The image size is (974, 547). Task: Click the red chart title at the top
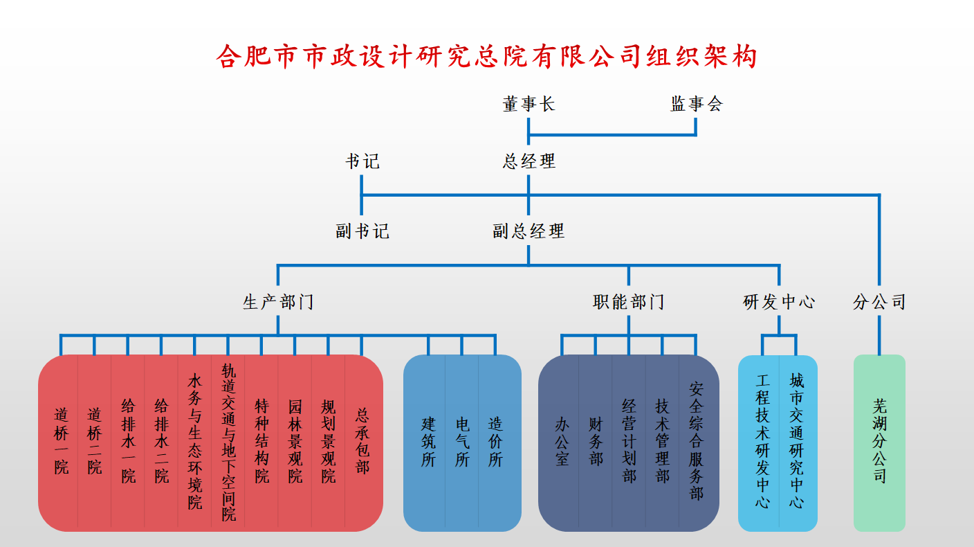pyautogui.click(x=487, y=56)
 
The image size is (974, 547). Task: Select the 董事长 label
pyautogui.click(x=529, y=104)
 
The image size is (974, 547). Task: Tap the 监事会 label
pyautogui.click(x=696, y=104)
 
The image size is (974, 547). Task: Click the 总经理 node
pyautogui.click(x=529, y=161)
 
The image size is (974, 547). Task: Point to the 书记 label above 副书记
pyautogui.click(x=362, y=161)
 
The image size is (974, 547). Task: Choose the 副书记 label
pyautogui.click(x=362, y=231)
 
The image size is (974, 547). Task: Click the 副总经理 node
pyautogui.click(x=529, y=231)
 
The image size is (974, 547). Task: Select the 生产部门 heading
pyautogui.click(x=278, y=302)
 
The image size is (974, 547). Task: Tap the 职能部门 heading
pyautogui.click(x=629, y=302)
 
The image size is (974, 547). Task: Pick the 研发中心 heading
pyautogui.click(x=779, y=302)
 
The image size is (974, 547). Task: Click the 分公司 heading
pyautogui.click(x=879, y=302)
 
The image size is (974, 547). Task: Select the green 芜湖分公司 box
pyautogui.click(x=879, y=443)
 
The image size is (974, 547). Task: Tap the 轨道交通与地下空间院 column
pyautogui.click(x=229, y=442)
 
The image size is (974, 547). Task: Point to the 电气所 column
pyautogui.click(x=462, y=442)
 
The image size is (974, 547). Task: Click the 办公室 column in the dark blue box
pyautogui.click(x=562, y=442)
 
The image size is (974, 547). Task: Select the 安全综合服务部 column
pyautogui.click(x=696, y=441)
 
